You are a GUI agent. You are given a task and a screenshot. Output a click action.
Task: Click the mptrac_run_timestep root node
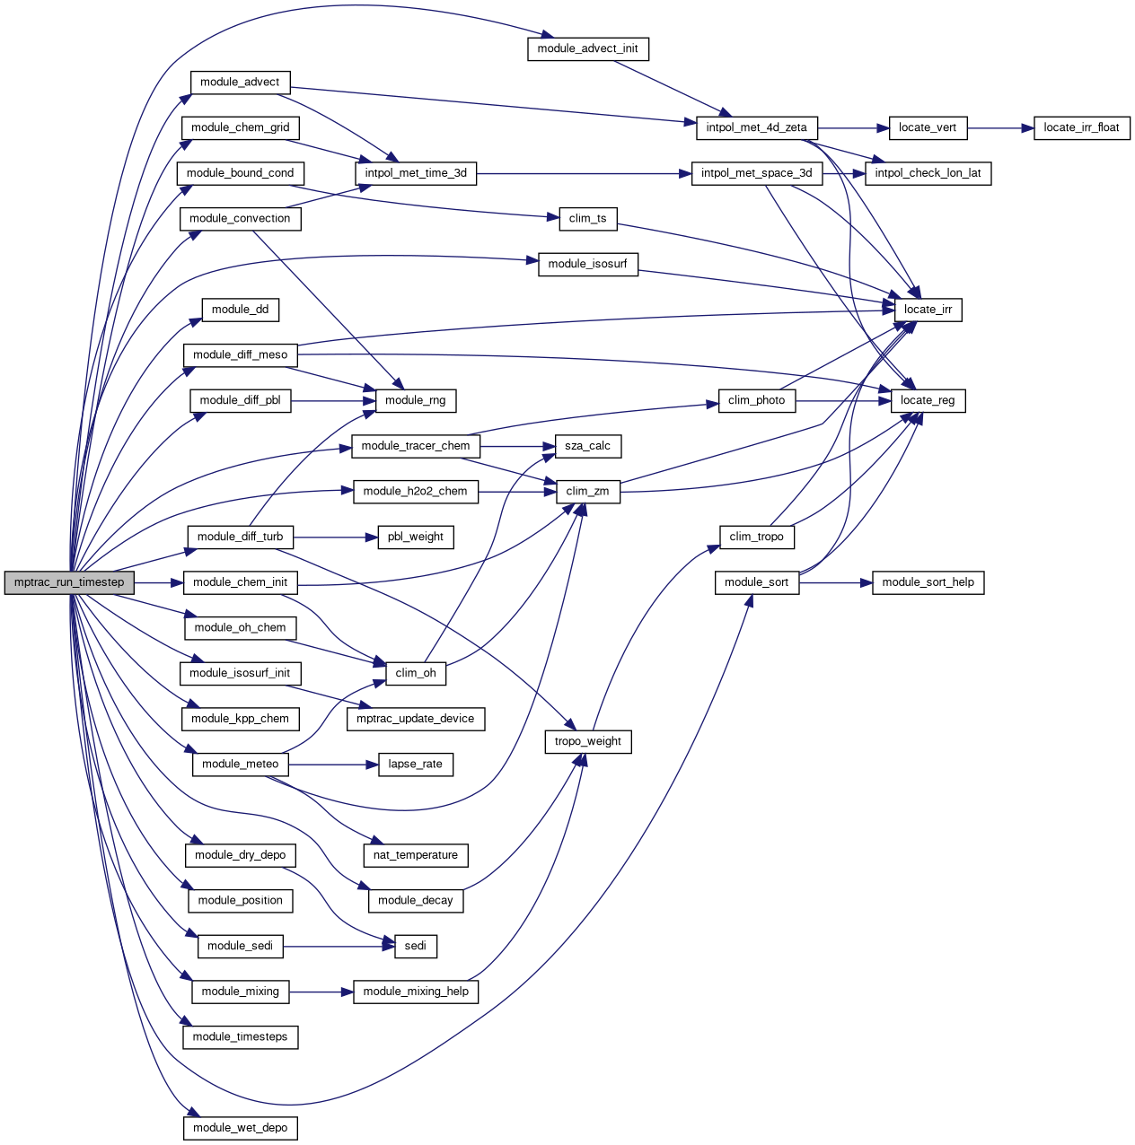(x=69, y=582)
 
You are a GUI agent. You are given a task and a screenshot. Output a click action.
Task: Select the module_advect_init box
(x=587, y=48)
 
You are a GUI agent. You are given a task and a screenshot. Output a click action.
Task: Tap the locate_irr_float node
(x=1081, y=127)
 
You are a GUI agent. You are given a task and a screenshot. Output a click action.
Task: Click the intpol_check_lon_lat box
(x=928, y=173)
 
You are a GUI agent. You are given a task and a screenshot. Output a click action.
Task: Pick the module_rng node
(x=415, y=400)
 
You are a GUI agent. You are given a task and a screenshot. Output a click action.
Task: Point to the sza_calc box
(x=587, y=446)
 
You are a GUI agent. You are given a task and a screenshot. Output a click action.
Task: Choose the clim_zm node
(x=587, y=492)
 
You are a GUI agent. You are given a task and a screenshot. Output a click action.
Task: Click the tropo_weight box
(x=587, y=742)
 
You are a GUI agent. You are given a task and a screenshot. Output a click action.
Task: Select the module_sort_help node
(x=928, y=582)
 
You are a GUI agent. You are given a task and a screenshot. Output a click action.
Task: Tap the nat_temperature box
(x=415, y=855)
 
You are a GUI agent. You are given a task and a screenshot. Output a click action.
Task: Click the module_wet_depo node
(x=240, y=1128)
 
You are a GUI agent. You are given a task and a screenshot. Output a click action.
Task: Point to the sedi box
(x=415, y=946)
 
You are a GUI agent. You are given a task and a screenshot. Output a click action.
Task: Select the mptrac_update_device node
(x=415, y=719)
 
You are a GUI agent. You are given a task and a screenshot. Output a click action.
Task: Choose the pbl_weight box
(x=415, y=538)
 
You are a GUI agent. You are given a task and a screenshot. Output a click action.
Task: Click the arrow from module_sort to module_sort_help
(x=835, y=582)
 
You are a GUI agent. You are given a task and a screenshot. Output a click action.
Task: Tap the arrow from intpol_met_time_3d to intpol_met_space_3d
(x=584, y=173)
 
